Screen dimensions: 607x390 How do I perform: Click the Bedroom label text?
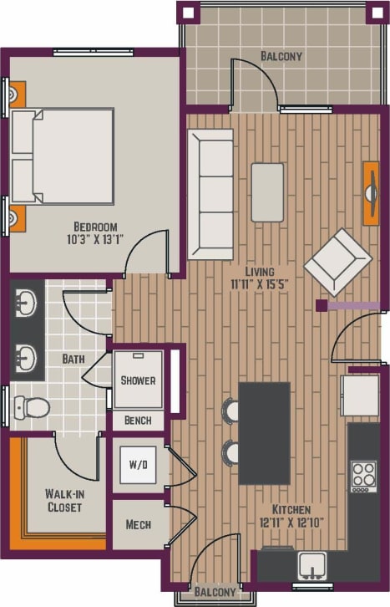(x=95, y=227)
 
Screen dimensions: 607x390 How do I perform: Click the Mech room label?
(x=138, y=525)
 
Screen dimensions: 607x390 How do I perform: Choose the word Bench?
(x=138, y=421)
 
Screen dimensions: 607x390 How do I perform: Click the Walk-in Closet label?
(x=63, y=500)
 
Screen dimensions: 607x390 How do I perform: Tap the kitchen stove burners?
(x=363, y=475)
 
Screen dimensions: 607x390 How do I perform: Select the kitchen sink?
(x=312, y=565)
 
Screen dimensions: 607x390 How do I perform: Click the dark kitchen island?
(x=264, y=432)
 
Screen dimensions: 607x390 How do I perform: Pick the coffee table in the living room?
(x=267, y=192)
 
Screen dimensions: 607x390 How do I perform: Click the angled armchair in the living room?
(x=337, y=262)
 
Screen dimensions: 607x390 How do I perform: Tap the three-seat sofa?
(x=210, y=194)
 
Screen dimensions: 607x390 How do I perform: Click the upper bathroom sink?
(x=28, y=302)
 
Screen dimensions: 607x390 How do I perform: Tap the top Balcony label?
(x=281, y=57)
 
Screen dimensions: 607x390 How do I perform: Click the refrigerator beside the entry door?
(x=360, y=395)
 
